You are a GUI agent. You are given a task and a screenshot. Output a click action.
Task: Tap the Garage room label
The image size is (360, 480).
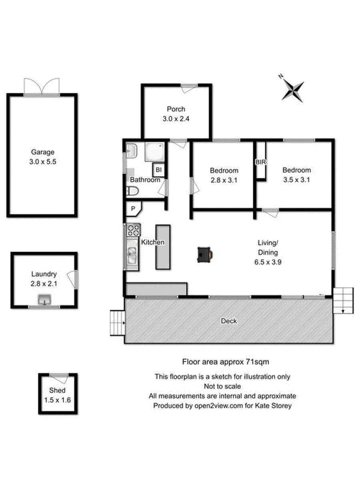[x=43, y=152]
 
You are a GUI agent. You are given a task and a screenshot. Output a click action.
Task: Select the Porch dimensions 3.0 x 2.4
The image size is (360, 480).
[x=176, y=119]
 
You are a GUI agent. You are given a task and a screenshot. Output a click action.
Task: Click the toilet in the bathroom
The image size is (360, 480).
[x=132, y=191]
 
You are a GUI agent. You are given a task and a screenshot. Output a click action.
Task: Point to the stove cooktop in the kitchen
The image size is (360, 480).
[x=133, y=230]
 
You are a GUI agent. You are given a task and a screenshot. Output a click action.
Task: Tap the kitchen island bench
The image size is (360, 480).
[x=163, y=247]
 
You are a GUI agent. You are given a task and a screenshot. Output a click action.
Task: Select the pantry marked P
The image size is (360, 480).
[x=134, y=208]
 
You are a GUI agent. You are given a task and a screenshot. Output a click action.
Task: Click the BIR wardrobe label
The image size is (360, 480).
[x=260, y=162]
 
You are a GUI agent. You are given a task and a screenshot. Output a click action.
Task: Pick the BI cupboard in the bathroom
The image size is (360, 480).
[x=159, y=170]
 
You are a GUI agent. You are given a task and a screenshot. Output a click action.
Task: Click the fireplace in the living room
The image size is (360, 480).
[x=205, y=254]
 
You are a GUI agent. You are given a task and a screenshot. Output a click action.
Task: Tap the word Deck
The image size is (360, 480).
[x=229, y=321]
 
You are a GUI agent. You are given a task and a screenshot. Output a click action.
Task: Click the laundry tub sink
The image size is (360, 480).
[x=44, y=299]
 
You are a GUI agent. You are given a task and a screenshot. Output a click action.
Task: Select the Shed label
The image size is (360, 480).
[x=57, y=390]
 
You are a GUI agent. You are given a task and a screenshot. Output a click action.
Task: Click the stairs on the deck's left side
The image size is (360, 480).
[x=117, y=323]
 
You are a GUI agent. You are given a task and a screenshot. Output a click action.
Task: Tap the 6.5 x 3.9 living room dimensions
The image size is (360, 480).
[x=268, y=262]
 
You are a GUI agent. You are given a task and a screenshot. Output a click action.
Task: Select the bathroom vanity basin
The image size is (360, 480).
[x=132, y=150]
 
